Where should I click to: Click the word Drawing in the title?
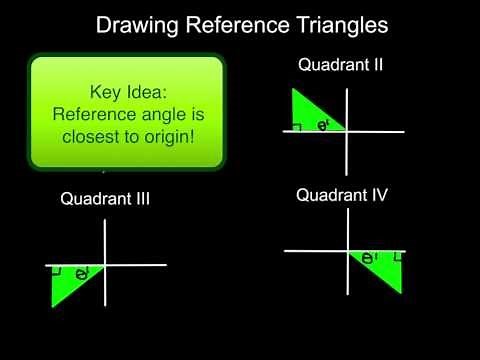point(135,24)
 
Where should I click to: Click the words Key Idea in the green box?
point(125,91)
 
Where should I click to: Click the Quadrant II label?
point(341,66)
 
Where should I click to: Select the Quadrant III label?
point(105,198)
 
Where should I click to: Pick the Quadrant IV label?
point(341,195)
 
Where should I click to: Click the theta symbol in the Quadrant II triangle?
point(323,126)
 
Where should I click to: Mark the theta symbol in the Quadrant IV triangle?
point(369,258)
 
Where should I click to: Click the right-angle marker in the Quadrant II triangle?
point(297,127)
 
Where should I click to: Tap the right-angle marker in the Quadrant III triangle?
point(57,271)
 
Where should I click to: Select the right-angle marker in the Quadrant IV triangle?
point(399,257)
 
